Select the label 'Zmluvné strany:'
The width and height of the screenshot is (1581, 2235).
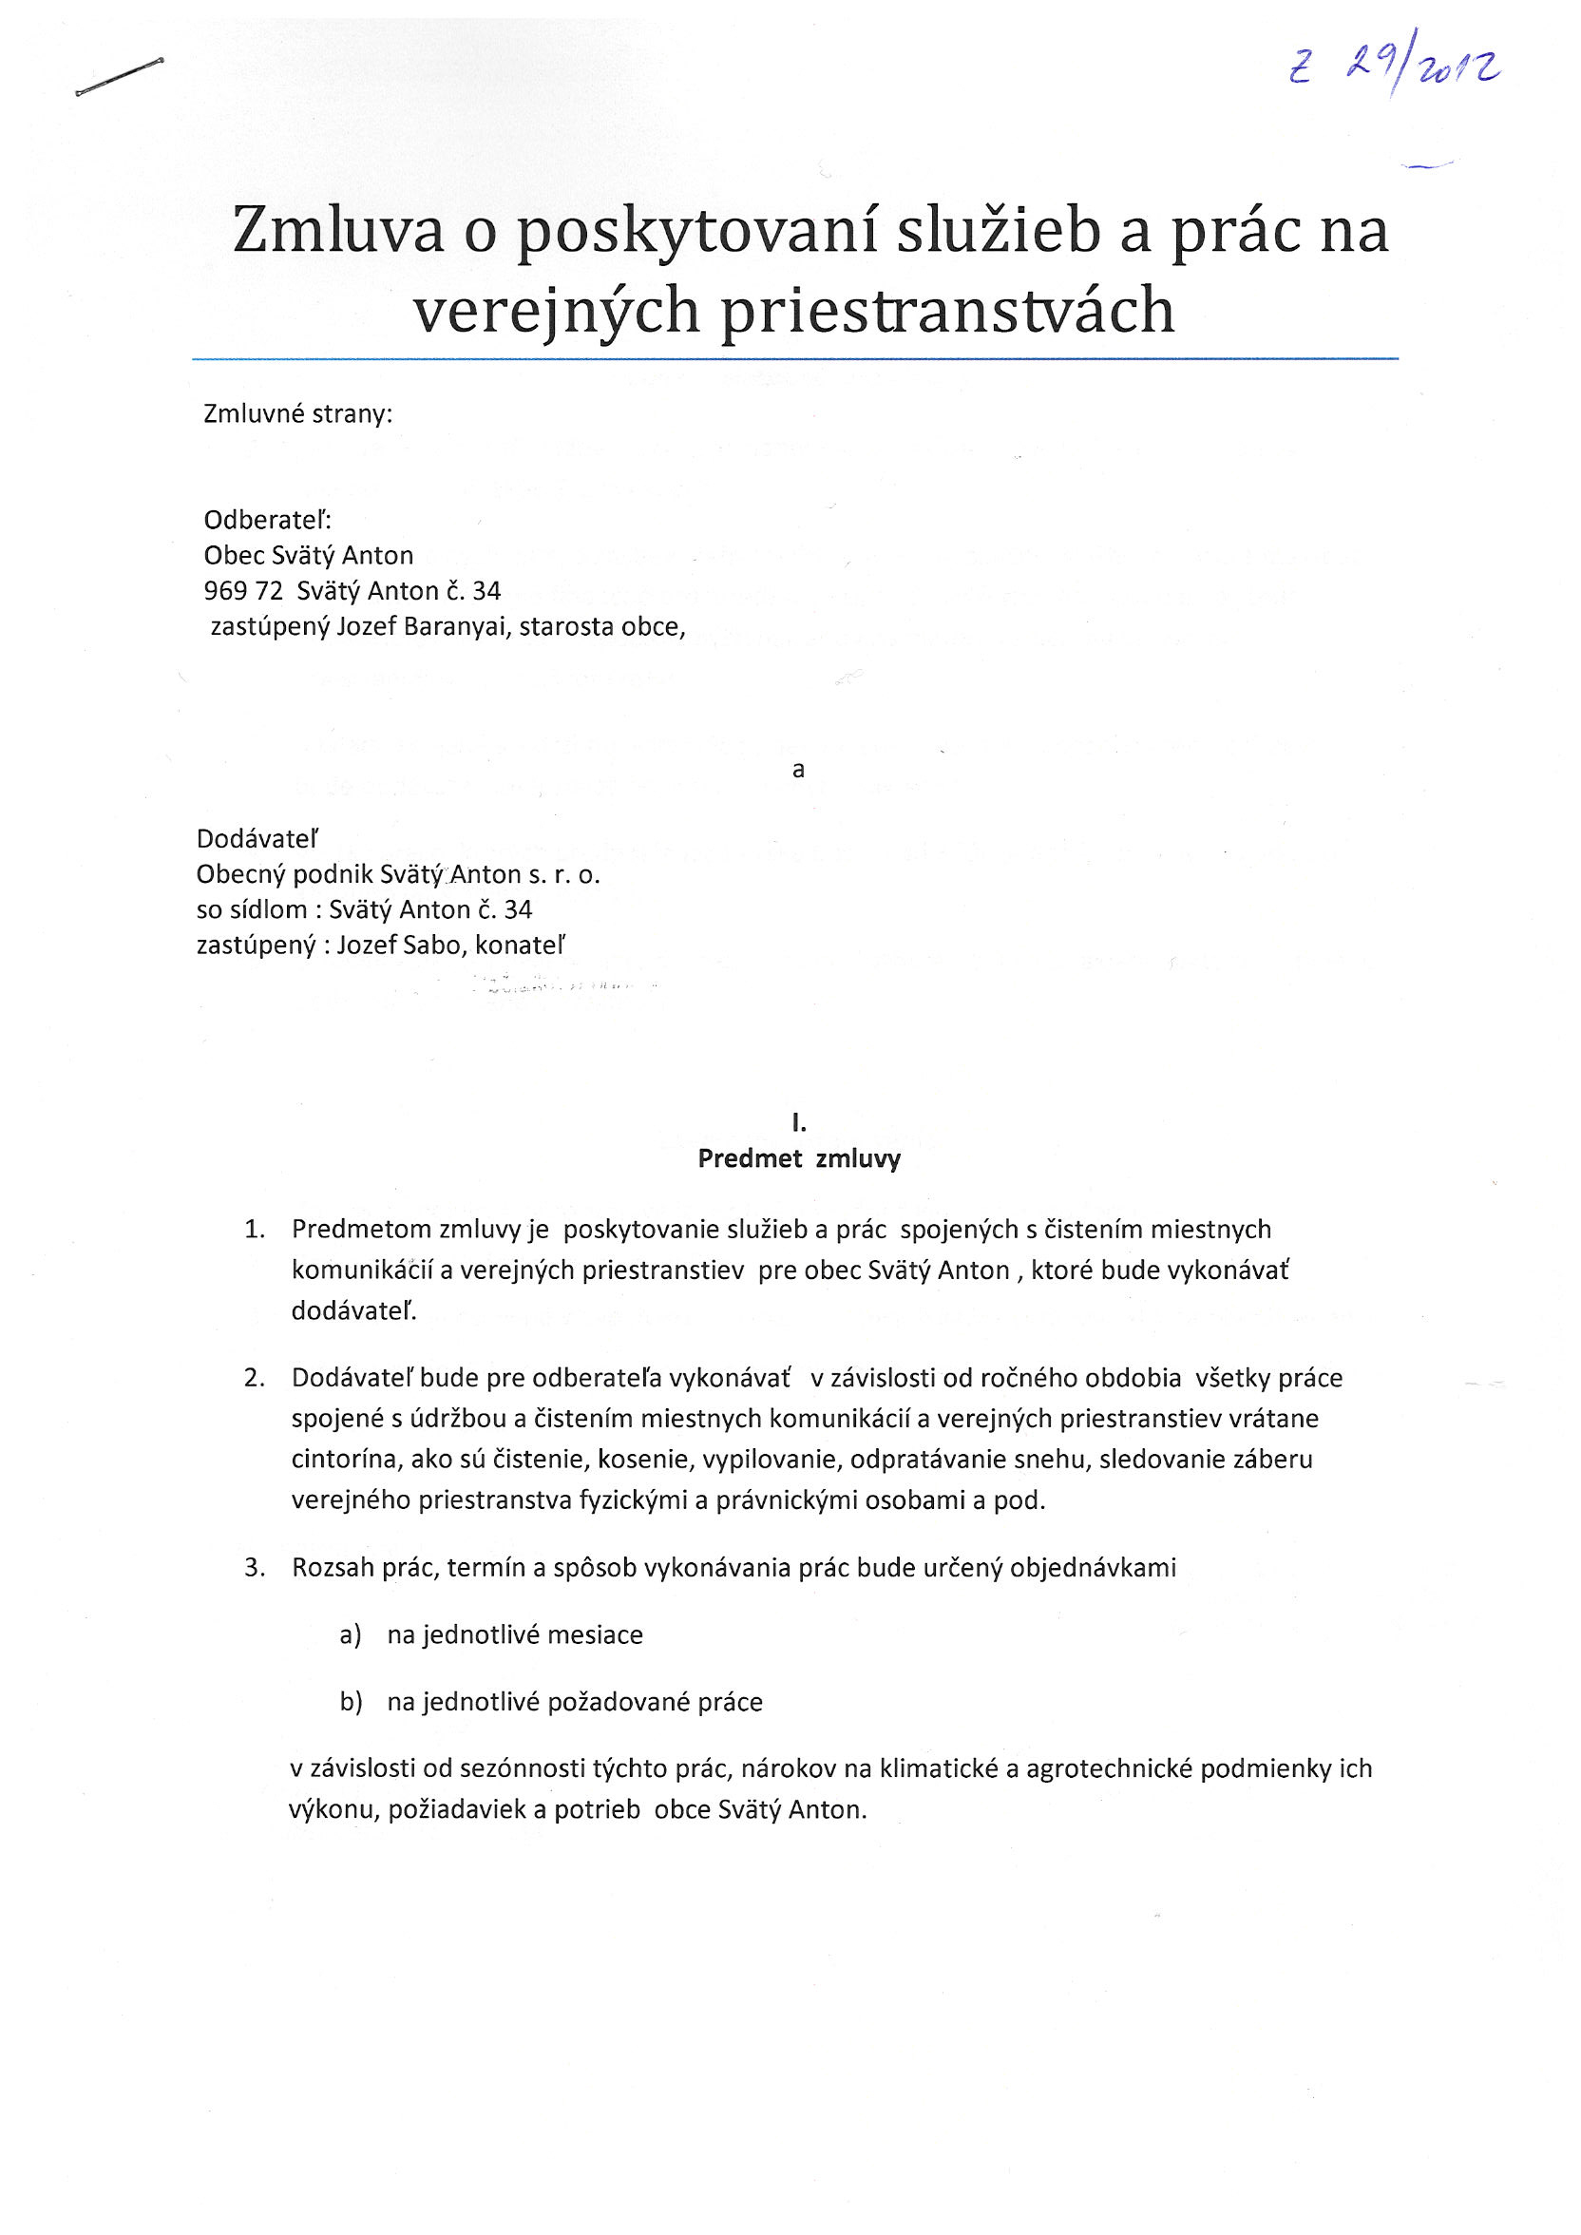tap(298, 414)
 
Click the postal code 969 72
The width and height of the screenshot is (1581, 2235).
tap(242, 591)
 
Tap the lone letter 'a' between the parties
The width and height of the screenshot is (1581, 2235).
tap(798, 770)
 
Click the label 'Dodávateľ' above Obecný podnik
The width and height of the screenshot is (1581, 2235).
tap(257, 839)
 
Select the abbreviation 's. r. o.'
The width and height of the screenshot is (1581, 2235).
tap(563, 874)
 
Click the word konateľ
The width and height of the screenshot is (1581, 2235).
tap(519, 946)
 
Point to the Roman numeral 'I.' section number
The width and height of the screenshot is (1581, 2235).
tap(798, 1123)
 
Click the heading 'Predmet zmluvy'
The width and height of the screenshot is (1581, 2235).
tap(798, 1158)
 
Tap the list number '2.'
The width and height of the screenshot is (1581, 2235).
tap(254, 1379)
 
